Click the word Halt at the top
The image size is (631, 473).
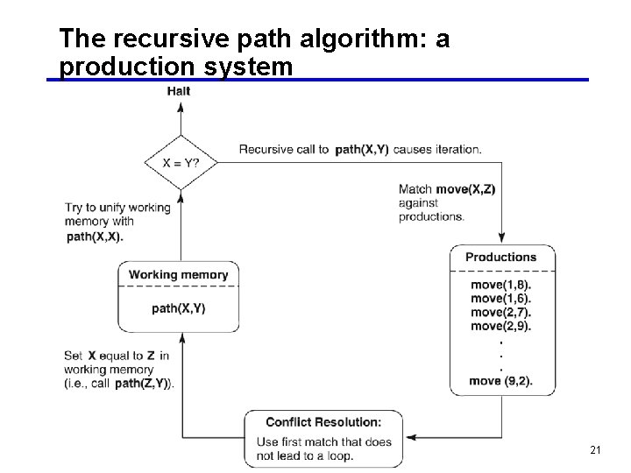point(178,91)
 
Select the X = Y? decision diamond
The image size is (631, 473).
point(180,162)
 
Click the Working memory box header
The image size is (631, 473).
point(178,275)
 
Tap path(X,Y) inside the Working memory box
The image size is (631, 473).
point(178,308)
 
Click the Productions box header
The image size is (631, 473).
point(500,258)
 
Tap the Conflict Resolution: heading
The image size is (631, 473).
point(323,422)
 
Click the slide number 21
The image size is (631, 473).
point(596,450)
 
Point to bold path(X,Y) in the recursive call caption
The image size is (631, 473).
point(362,150)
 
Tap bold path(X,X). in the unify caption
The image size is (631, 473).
point(95,236)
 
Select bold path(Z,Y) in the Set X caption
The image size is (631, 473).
point(144,383)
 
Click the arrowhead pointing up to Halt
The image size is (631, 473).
point(181,107)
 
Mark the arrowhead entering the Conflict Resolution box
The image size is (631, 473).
point(410,437)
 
